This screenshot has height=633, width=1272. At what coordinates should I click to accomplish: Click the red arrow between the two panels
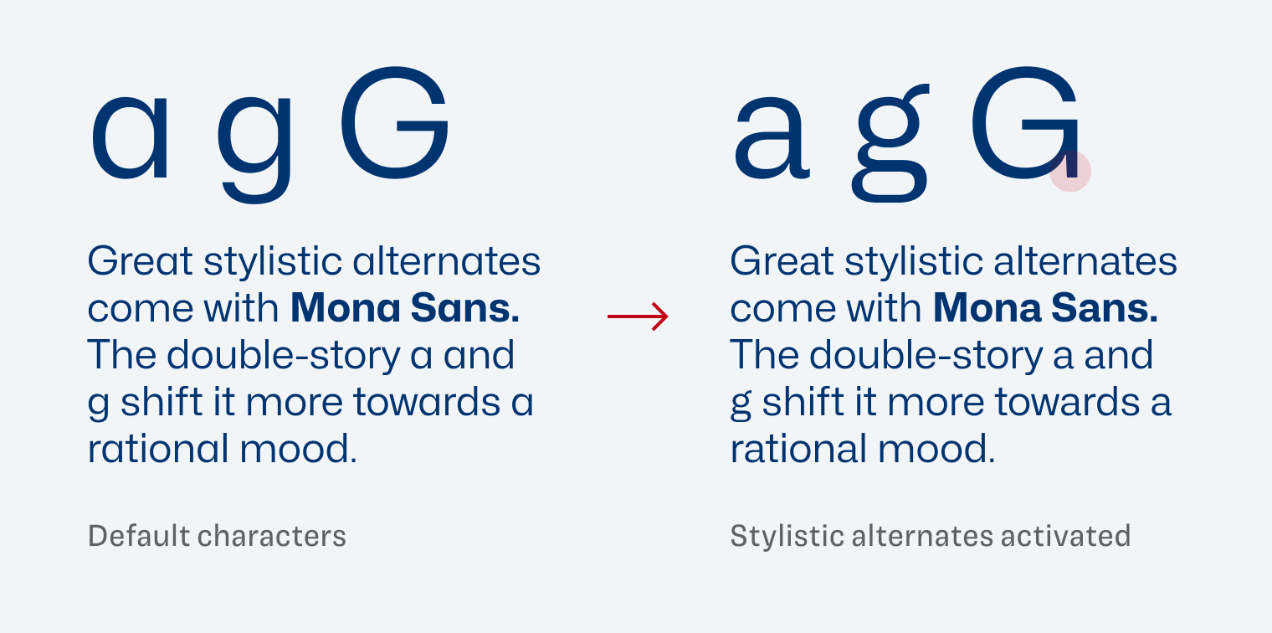click(638, 316)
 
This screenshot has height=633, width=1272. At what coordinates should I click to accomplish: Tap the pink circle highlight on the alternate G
click(1069, 171)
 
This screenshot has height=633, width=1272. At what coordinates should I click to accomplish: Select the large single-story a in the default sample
click(130, 137)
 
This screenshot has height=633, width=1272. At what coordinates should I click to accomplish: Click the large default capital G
click(395, 123)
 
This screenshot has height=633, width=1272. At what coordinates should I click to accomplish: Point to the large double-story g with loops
click(890, 142)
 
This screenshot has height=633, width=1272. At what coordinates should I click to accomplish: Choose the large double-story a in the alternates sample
click(772, 137)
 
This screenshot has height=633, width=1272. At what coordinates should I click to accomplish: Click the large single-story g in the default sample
click(254, 149)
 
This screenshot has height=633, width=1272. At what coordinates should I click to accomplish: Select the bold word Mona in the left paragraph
click(346, 307)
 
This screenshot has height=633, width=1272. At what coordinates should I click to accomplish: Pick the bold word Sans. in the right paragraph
click(1105, 307)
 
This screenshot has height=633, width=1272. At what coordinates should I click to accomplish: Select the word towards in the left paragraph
click(427, 402)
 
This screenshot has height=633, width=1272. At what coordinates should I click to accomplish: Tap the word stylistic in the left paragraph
click(273, 263)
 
